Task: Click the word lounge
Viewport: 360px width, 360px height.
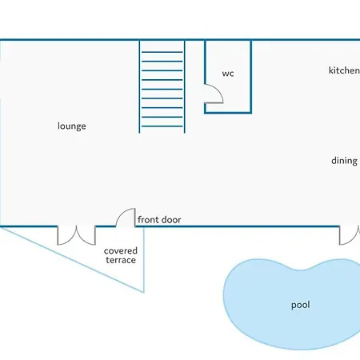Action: (x=72, y=126)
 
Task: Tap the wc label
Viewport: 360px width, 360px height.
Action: (x=228, y=74)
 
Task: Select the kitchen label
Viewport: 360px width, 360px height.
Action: (x=344, y=70)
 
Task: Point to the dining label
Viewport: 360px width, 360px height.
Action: (x=344, y=161)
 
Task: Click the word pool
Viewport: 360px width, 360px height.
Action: (x=301, y=305)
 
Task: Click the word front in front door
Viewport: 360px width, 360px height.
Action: (x=148, y=220)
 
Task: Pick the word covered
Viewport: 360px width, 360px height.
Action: (x=121, y=250)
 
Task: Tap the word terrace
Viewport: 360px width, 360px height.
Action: (x=121, y=260)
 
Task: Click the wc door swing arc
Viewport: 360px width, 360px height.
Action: (x=218, y=90)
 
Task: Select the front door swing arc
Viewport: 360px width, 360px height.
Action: (x=122, y=213)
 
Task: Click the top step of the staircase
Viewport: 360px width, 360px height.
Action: (x=162, y=52)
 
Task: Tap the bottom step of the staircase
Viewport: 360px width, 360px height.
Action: (x=162, y=126)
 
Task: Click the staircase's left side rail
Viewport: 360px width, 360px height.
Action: (x=139, y=86)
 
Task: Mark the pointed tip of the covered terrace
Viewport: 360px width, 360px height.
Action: (x=144, y=292)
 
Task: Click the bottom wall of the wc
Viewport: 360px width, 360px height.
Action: (x=228, y=112)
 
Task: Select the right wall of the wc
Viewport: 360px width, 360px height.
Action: (x=250, y=77)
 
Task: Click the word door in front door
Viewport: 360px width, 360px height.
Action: (x=170, y=220)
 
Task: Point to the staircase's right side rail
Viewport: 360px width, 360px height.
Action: (x=185, y=86)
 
